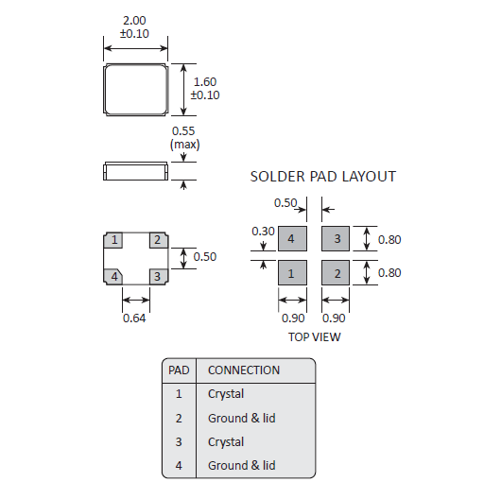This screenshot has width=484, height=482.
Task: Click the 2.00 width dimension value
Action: pos(134,21)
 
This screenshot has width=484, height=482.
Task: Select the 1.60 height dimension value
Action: pos(205,82)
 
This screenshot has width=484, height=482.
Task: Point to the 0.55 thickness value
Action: pos(183,131)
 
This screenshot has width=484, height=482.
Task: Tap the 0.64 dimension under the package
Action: pos(134,318)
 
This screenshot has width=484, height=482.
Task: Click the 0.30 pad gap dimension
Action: pos(263,232)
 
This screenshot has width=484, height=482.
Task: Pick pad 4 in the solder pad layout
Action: pos(292,238)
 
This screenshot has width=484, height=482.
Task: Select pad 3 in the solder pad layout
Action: pos(336,238)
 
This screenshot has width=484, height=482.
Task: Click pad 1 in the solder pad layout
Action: pos(292,273)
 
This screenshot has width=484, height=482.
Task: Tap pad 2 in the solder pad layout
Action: pos(336,273)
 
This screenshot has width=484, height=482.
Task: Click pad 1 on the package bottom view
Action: pos(113,240)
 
